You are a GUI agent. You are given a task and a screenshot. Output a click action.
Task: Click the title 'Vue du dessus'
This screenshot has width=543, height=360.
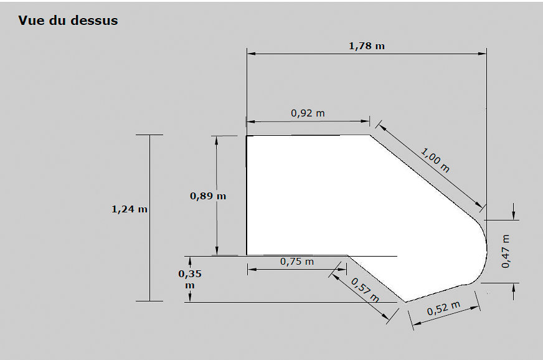[68, 21]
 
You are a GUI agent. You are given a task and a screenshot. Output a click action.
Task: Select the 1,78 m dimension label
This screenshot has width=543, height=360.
[366, 46]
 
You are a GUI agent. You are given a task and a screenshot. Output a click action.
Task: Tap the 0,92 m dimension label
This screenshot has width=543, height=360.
[308, 113]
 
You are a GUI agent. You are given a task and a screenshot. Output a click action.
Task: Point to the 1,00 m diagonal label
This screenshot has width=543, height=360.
[435, 160]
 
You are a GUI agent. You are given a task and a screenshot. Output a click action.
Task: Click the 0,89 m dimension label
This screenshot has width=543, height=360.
[208, 196]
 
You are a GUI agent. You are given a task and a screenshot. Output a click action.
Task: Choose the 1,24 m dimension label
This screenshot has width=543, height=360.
[129, 209]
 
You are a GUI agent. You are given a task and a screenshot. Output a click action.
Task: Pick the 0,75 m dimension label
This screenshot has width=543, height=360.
[297, 262]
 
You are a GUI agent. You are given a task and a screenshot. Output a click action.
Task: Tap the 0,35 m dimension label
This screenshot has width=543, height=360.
[190, 279]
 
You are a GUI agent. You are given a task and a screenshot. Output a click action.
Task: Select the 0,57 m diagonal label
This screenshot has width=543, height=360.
[366, 290]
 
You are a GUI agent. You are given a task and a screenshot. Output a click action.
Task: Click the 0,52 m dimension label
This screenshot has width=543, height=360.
[443, 308]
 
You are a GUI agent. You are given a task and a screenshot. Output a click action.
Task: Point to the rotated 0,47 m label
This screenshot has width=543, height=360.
[506, 251]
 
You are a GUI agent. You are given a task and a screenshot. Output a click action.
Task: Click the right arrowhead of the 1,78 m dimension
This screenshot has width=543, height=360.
[483, 54]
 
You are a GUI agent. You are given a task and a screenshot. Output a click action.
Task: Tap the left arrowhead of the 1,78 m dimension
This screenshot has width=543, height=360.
[252, 54]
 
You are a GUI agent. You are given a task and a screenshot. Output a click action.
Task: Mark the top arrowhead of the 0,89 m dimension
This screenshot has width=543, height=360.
[217, 140]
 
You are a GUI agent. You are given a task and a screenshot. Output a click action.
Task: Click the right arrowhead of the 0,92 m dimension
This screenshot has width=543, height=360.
[366, 121]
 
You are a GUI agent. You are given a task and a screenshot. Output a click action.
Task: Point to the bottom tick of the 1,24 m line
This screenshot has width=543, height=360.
[149, 301]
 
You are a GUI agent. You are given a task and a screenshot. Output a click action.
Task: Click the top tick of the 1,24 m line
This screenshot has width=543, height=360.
[149, 135]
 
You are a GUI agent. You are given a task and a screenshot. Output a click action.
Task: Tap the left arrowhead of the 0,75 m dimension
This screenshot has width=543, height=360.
[252, 269]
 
